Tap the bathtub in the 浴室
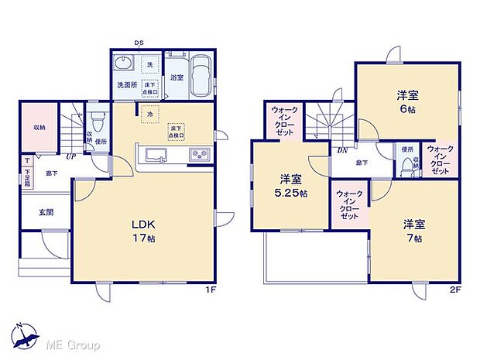(200, 78)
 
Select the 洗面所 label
(126, 84)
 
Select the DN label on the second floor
(341, 151)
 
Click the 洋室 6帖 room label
(408, 101)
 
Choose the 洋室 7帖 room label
(412, 231)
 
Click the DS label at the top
(139, 42)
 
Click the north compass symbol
(26, 334)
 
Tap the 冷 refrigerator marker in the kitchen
(149, 114)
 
